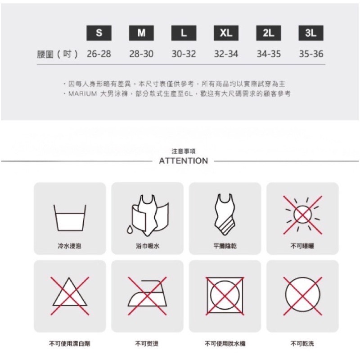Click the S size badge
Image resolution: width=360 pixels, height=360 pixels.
pos(99,33)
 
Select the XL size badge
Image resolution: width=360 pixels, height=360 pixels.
pos(226,33)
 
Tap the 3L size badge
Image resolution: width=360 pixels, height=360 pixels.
pos(311,33)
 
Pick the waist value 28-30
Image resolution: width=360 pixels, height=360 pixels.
pos(141,54)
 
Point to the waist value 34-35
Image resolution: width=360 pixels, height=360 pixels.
pos(269,54)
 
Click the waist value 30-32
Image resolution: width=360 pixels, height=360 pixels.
pos(184,54)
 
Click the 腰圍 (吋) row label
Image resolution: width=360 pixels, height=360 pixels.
pos(58,54)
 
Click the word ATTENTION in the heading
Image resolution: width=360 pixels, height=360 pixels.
pos(184,161)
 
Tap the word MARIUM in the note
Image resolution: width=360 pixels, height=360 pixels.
pos(83,94)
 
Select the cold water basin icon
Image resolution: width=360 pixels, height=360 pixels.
pos(70,217)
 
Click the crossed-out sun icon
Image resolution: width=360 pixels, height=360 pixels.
pos(302,215)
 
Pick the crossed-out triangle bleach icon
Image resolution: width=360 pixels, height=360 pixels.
pos(70,296)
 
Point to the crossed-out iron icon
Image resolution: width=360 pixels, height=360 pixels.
pos(148,296)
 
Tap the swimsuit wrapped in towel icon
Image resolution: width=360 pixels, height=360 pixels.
pos(150,216)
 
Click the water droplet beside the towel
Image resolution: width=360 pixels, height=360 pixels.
pos(130,229)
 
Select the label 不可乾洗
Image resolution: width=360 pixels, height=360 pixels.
pos(302,343)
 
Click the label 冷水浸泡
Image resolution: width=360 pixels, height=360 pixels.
pos(70,246)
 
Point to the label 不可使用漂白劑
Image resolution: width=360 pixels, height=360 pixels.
pos(70,343)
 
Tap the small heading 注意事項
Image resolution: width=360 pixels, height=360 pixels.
pos(184,151)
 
